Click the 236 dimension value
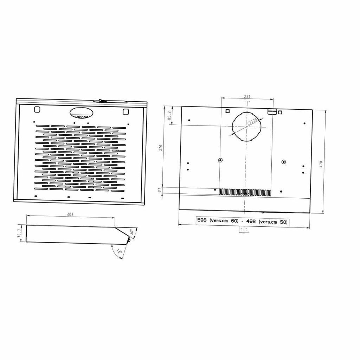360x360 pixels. point(247,97)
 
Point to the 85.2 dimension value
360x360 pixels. point(169,116)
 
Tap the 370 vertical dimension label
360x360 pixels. point(161,148)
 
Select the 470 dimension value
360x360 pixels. point(321,164)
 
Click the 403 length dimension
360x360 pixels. point(70,215)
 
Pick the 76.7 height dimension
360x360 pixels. point(19,233)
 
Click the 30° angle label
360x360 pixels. point(132,231)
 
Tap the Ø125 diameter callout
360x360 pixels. point(252,122)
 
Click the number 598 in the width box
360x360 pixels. point(202,220)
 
